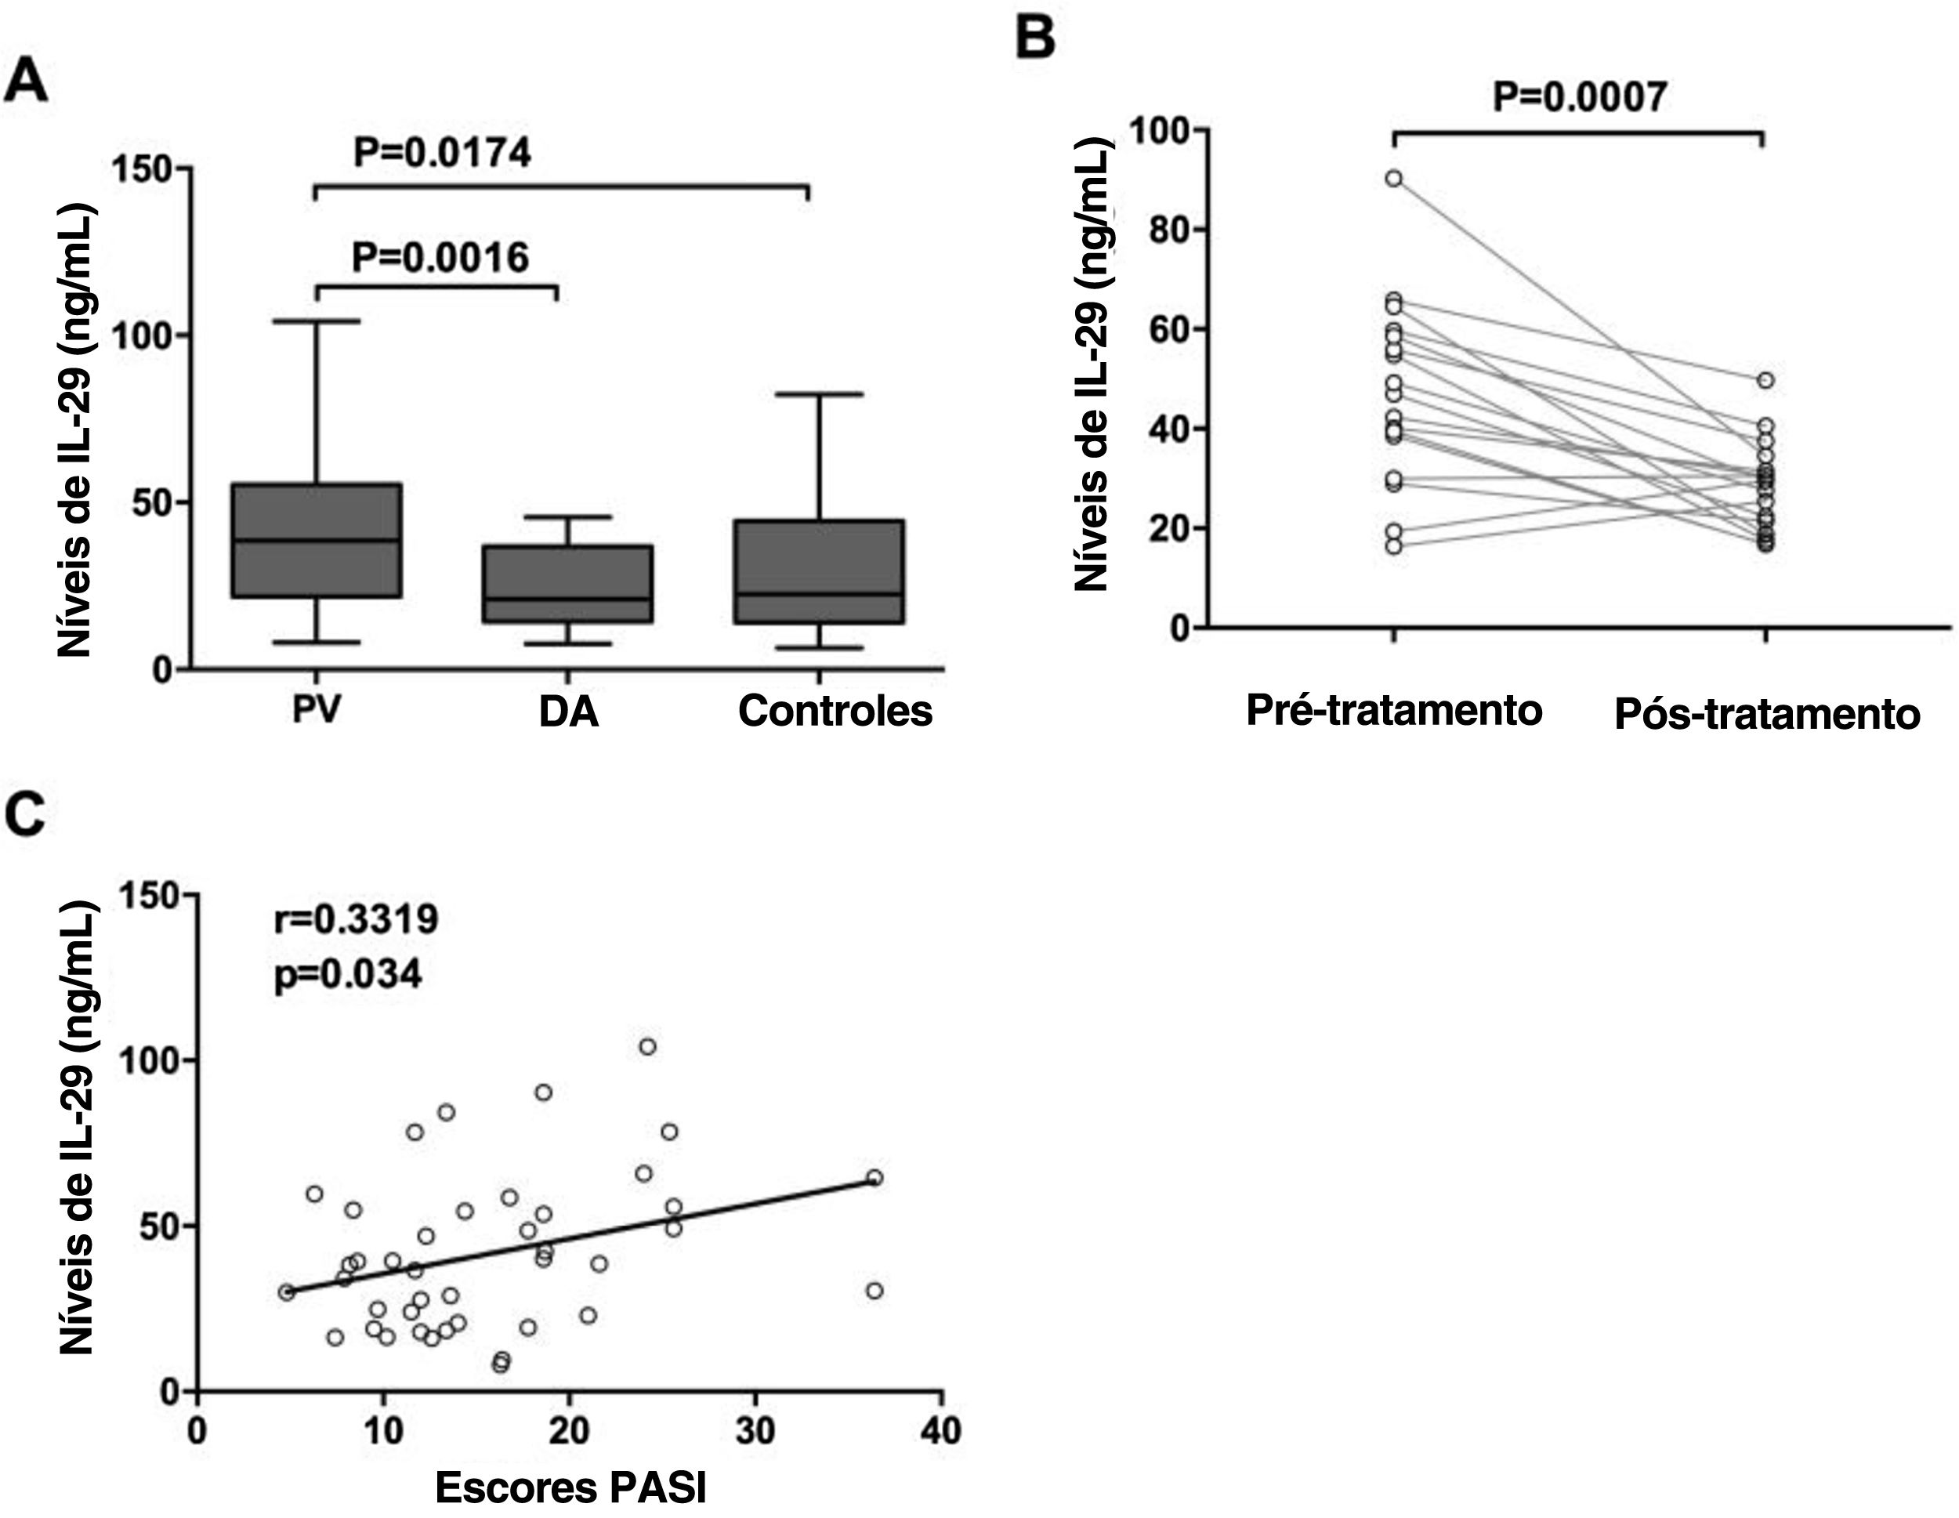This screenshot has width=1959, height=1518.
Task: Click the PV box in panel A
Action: coord(317,540)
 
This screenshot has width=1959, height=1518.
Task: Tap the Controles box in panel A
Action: coord(818,571)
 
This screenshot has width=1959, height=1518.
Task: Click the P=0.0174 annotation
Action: coord(441,153)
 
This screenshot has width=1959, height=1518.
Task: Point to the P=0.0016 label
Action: coord(440,258)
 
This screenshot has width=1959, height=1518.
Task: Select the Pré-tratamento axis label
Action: coord(1394,711)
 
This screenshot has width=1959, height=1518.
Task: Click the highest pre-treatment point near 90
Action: coord(1394,179)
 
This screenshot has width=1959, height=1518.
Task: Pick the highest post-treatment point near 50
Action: coord(1766,380)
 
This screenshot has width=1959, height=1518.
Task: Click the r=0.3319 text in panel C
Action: coord(356,918)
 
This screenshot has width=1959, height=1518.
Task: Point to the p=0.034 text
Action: coord(347,974)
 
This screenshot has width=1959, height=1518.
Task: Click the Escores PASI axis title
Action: coord(570,1487)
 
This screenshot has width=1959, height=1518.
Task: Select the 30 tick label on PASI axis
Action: coord(755,1430)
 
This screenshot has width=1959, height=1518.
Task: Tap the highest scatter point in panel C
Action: coord(647,1046)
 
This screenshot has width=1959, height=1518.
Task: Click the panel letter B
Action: coord(1035,39)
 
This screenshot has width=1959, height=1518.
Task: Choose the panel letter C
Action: coord(25,814)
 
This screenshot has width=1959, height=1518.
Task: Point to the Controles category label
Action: coord(835,711)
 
